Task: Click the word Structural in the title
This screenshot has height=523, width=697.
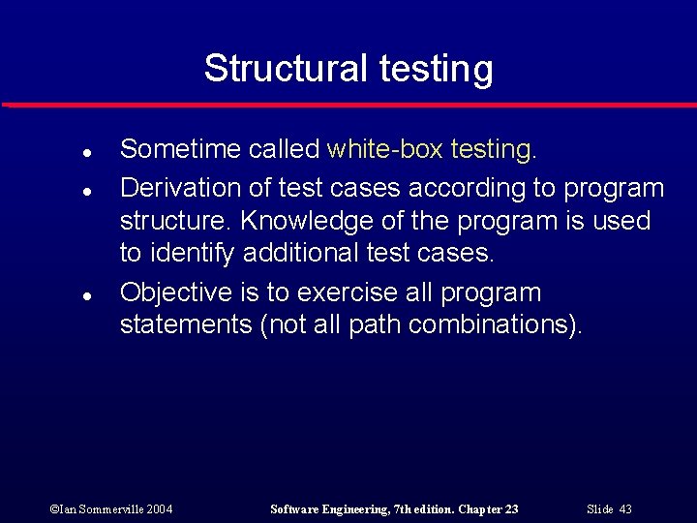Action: click(x=282, y=69)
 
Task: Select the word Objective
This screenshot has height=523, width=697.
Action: click(x=176, y=292)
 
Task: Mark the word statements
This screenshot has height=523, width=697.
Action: click(x=186, y=325)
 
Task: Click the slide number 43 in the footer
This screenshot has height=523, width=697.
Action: click(x=624, y=508)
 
